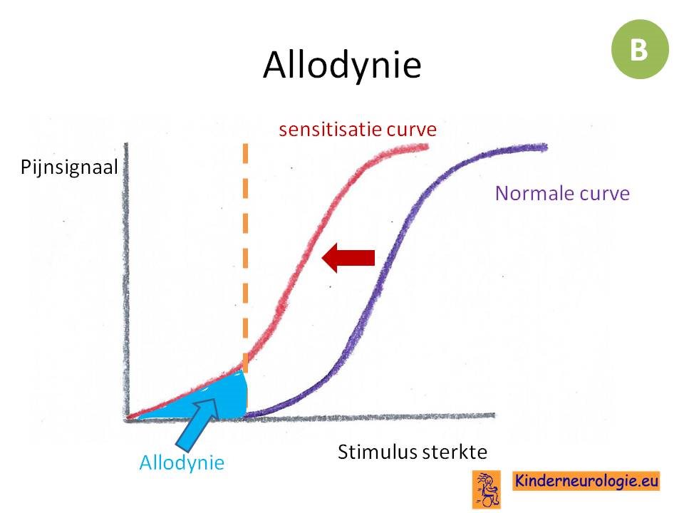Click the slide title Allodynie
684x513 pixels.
click(342, 65)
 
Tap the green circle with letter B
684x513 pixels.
click(640, 49)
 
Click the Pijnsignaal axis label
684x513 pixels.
click(69, 167)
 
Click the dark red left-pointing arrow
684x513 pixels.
click(348, 258)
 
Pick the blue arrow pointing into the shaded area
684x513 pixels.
click(197, 424)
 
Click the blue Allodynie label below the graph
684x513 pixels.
click(182, 462)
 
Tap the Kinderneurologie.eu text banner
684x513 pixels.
click(586, 481)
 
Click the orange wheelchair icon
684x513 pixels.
click(487, 489)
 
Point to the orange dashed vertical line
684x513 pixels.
click(245, 257)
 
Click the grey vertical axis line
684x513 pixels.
click(127, 281)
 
